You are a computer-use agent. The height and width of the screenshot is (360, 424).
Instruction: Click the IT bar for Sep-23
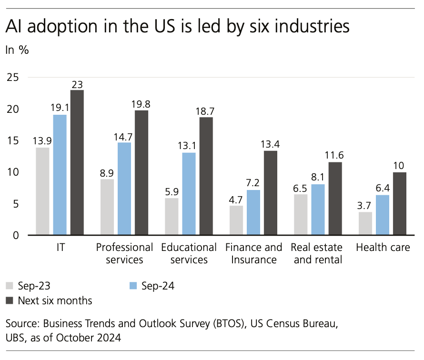coord(42,191)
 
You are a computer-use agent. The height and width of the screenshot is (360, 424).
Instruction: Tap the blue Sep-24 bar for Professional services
coord(124,189)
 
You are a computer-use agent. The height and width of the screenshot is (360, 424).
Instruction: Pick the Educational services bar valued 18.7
coord(206,176)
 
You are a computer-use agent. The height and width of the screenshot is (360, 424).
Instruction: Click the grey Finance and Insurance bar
coord(236,220)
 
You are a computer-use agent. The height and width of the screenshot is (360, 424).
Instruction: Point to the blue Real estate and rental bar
coord(318,210)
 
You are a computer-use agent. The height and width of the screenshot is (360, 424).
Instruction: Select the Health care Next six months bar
coord(400,204)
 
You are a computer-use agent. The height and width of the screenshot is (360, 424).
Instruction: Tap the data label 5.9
coord(172,192)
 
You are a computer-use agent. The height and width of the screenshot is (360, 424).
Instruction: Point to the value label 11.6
coord(335,156)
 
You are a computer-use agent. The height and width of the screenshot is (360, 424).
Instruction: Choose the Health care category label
coord(383,248)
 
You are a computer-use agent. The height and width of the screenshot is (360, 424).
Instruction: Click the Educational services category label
coord(189,253)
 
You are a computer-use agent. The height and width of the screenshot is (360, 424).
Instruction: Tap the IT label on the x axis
coord(60,248)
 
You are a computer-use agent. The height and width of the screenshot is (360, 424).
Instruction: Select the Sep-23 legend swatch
coord(10,286)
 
